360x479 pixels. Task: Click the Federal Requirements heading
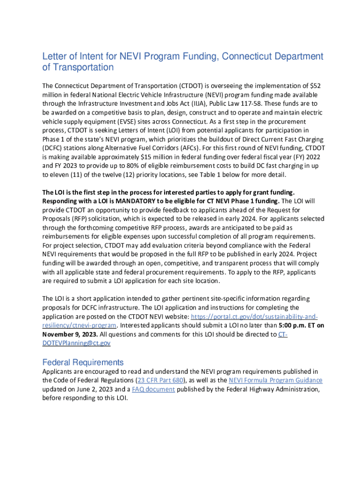tap(83, 363)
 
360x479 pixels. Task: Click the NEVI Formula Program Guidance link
tap(275, 380)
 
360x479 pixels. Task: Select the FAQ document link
tap(153, 389)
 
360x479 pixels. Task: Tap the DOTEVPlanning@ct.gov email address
tap(76, 343)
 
